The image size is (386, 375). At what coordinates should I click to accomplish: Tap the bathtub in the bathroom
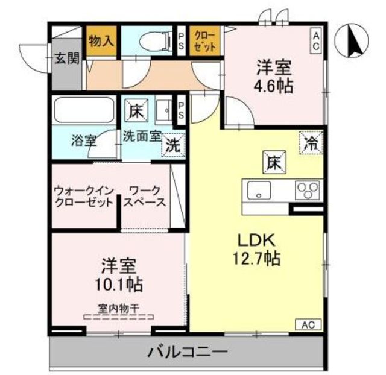point(83,110)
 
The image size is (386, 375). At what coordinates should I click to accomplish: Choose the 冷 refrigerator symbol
point(311,143)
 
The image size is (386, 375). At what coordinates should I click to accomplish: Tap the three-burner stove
point(308,191)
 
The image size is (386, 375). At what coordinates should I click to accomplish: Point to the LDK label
point(254,241)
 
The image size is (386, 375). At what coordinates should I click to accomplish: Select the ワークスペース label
point(145,196)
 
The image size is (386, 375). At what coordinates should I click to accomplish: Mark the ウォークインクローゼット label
point(83,196)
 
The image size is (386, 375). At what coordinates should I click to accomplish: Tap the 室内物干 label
point(119,308)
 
